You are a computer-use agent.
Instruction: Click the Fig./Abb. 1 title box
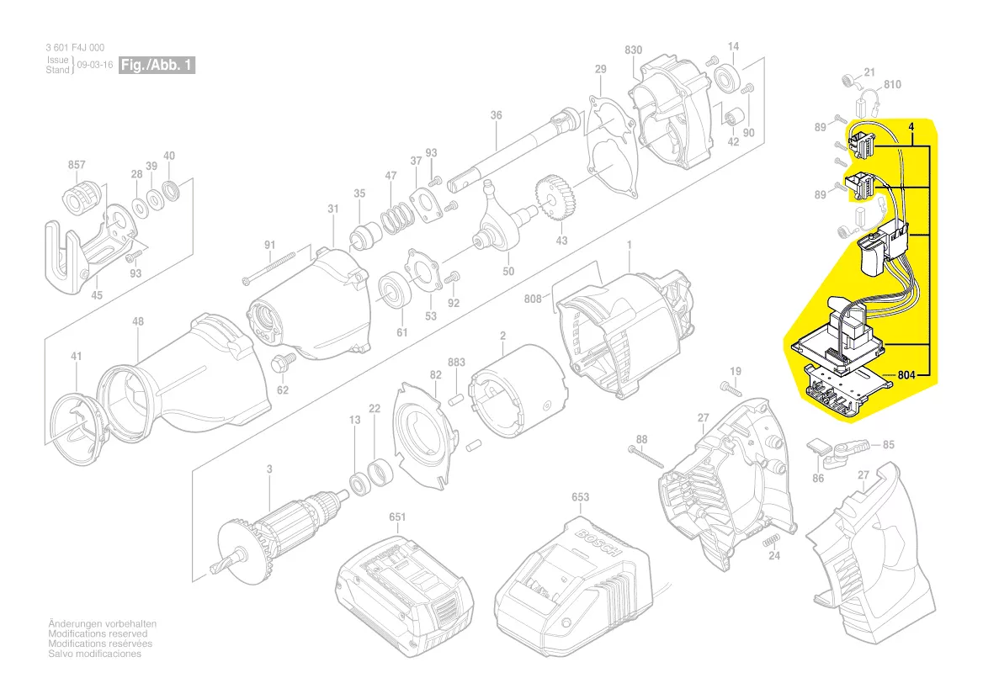[157, 65]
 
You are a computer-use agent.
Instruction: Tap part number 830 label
[634, 50]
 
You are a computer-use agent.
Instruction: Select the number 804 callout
[906, 375]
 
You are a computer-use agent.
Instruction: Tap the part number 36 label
[496, 115]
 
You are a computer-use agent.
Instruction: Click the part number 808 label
[532, 298]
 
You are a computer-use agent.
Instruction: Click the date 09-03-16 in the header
[94, 65]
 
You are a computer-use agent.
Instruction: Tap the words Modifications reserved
[98, 633]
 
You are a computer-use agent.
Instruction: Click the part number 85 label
[889, 444]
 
